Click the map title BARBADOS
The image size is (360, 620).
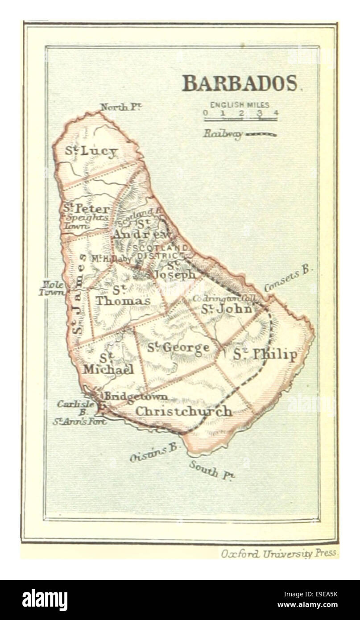point(240,83)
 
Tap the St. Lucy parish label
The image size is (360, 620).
point(91,151)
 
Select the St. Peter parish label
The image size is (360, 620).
point(86,209)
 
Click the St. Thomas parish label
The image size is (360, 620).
point(123,296)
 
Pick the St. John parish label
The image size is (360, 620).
point(227,309)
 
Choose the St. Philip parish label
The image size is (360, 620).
point(265,355)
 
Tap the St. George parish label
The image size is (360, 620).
point(178,347)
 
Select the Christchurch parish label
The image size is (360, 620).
point(183,411)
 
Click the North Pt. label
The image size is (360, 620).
point(120,107)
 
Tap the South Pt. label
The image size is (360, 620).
point(212,470)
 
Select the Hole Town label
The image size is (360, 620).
point(51,288)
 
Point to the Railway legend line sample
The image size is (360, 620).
point(261,134)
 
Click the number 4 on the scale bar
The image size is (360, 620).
point(276,113)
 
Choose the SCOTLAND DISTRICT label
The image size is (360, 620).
point(162,251)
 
